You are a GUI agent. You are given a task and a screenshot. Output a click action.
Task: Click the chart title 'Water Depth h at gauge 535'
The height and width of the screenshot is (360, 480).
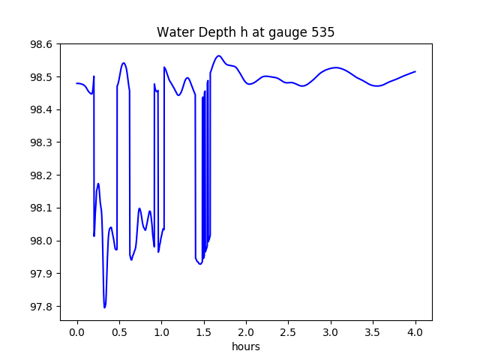point(245,33)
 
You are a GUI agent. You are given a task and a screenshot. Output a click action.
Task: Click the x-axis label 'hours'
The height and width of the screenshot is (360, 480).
point(246,346)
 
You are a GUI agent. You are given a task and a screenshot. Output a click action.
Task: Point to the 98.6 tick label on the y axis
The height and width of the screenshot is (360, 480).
point(41,44)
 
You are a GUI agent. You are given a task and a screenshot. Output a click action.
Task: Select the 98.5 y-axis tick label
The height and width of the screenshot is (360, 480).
point(41,77)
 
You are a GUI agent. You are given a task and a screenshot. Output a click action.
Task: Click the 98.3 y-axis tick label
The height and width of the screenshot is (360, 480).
point(41,142)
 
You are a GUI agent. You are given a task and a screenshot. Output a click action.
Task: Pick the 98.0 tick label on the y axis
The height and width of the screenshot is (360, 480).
point(41,241)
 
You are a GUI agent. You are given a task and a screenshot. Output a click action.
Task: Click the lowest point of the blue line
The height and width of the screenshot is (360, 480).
point(105,307)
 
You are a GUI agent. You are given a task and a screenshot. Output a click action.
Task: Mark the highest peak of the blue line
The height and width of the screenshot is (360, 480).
point(219,55)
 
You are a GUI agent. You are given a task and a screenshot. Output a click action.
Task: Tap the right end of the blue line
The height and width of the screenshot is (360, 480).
point(415,72)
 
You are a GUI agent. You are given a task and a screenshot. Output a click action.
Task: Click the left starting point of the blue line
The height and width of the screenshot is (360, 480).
point(77,83)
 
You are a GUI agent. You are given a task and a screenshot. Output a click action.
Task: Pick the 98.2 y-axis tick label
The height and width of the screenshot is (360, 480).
point(41,175)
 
